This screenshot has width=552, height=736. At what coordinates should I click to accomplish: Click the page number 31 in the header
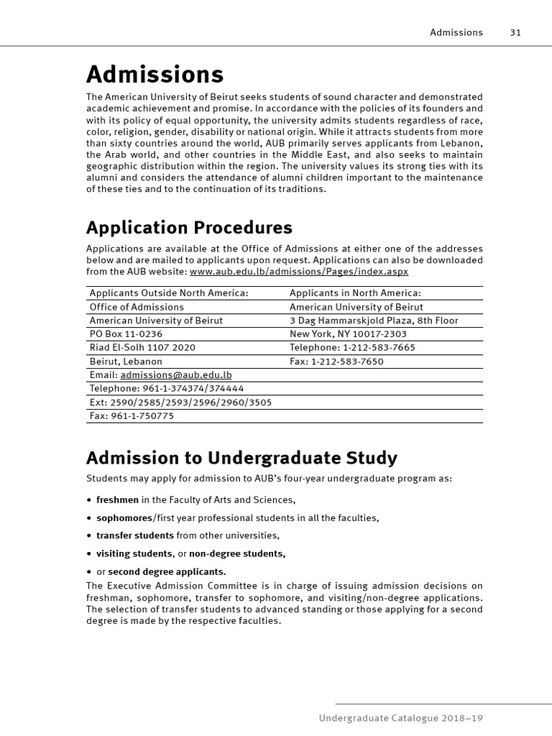click(x=515, y=32)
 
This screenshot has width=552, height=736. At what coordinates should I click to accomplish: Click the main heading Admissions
click(x=155, y=74)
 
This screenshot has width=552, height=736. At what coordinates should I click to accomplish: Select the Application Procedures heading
click(x=189, y=228)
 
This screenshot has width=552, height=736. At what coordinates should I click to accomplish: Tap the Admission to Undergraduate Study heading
click(x=241, y=458)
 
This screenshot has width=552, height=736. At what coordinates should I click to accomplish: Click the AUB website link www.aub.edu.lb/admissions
click(x=299, y=272)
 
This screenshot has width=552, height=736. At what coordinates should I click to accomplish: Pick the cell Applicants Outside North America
click(x=169, y=293)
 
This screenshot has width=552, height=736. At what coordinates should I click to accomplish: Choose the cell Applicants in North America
click(x=355, y=293)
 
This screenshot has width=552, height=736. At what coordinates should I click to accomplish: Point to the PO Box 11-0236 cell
click(x=126, y=333)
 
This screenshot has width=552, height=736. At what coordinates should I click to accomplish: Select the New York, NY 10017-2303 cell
click(x=348, y=333)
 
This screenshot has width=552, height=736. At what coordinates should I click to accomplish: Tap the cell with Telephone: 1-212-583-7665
click(x=352, y=347)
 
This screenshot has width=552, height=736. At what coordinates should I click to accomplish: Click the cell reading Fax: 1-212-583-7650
click(x=336, y=361)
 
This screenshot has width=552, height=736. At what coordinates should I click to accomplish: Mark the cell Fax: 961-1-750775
click(x=132, y=415)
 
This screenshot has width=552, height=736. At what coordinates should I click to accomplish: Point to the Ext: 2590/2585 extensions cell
click(x=180, y=402)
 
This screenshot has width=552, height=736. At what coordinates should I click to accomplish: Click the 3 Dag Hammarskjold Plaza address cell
click(x=374, y=320)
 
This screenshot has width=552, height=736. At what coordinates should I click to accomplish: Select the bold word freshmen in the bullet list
click(x=117, y=500)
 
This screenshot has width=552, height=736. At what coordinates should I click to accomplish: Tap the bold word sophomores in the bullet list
click(x=124, y=517)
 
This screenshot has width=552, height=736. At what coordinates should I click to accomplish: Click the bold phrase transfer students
click(x=135, y=535)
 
